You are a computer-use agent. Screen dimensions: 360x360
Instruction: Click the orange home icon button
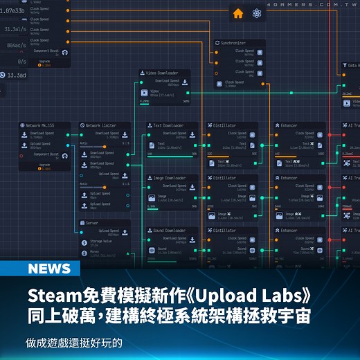coord(238,13)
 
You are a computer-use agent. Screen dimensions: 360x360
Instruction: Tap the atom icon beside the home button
coord(257,13)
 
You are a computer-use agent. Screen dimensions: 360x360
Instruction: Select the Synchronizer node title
coord(234,43)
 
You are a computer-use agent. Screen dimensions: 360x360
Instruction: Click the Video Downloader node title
coord(161,72)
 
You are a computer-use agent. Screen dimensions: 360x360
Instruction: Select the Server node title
coord(93,224)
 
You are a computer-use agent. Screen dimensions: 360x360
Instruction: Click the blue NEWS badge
coord(50,269)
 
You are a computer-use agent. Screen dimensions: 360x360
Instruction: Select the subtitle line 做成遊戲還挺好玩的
coord(74,343)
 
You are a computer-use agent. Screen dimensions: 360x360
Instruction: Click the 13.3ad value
coord(15,75)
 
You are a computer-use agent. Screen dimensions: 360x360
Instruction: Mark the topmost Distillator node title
coord(226,125)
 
